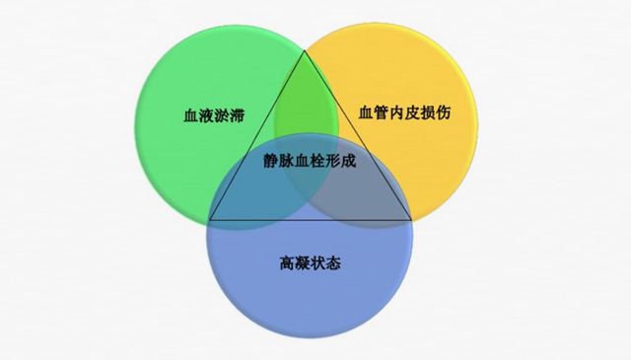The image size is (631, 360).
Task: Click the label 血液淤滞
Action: (213, 115)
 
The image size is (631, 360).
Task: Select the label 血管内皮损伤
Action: (405, 115)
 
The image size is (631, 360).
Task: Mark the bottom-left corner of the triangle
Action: (210, 219)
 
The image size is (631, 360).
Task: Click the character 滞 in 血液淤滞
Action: (237, 115)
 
